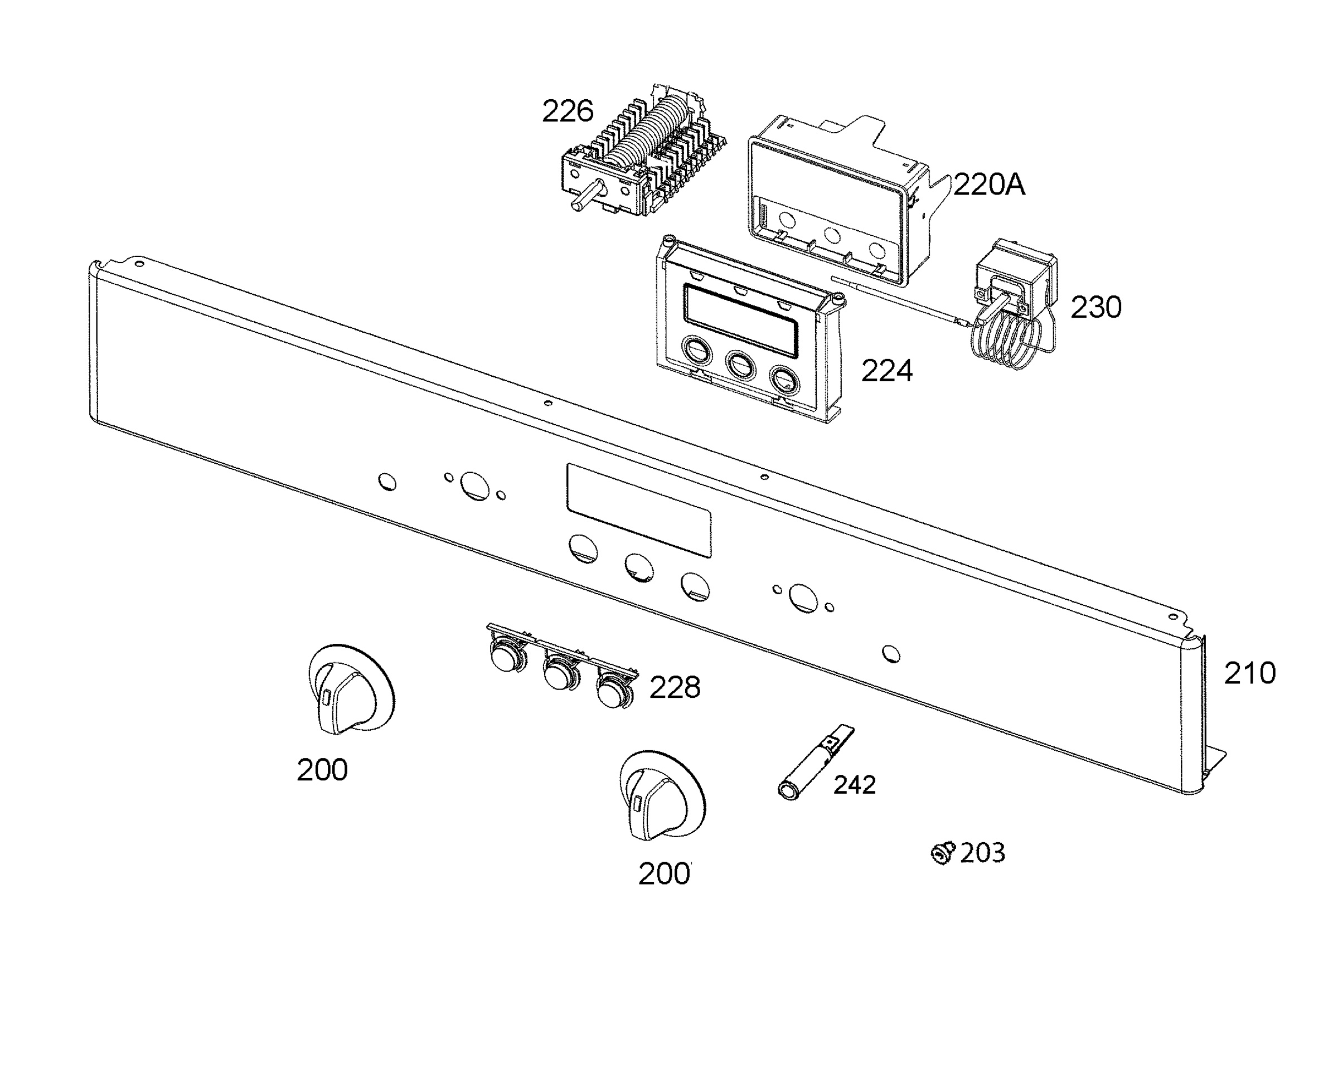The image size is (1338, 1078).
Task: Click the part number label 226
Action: [x=567, y=112]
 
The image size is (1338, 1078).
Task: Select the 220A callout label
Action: [x=988, y=185]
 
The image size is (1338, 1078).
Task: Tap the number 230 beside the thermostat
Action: [x=1095, y=307]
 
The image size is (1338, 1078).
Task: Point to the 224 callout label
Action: [x=886, y=371]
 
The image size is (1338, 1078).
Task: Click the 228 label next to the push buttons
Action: [x=675, y=687]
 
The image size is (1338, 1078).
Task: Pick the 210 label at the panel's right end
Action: [x=1250, y=673]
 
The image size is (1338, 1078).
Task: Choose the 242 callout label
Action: [x=854, y=785]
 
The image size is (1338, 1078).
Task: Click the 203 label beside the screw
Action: [x=982, y=853]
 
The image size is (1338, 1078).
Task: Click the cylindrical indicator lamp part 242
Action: [x=815, y=763]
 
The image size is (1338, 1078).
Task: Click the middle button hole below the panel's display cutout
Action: [x=640, y=567]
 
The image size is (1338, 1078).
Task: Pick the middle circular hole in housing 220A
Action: [x=832, y=235]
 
